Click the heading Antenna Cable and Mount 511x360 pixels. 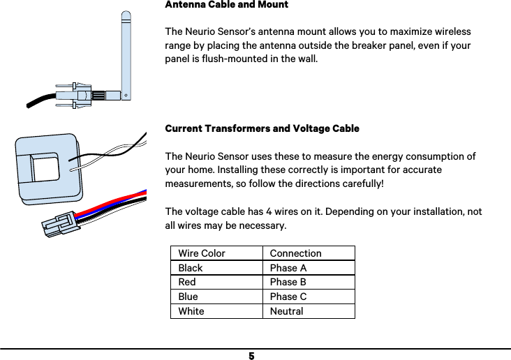(x=226, y=5)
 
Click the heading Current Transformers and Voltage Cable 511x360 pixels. (x=262, y=129)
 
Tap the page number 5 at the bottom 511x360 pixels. (x=251, y=356)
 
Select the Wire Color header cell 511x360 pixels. (x=202, y=253)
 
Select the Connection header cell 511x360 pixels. (x=295, y=253)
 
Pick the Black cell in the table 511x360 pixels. (x=191, y=268)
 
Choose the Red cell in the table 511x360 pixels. (x=187, y=282)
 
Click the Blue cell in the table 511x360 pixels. (x=188, y=297)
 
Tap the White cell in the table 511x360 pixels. (x=191, y=311)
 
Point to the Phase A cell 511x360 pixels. (x=288, y=268)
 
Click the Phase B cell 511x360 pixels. (x=288, y=282)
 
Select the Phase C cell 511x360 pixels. (x=288, y=297)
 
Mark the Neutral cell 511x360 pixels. (x=286, y=311)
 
